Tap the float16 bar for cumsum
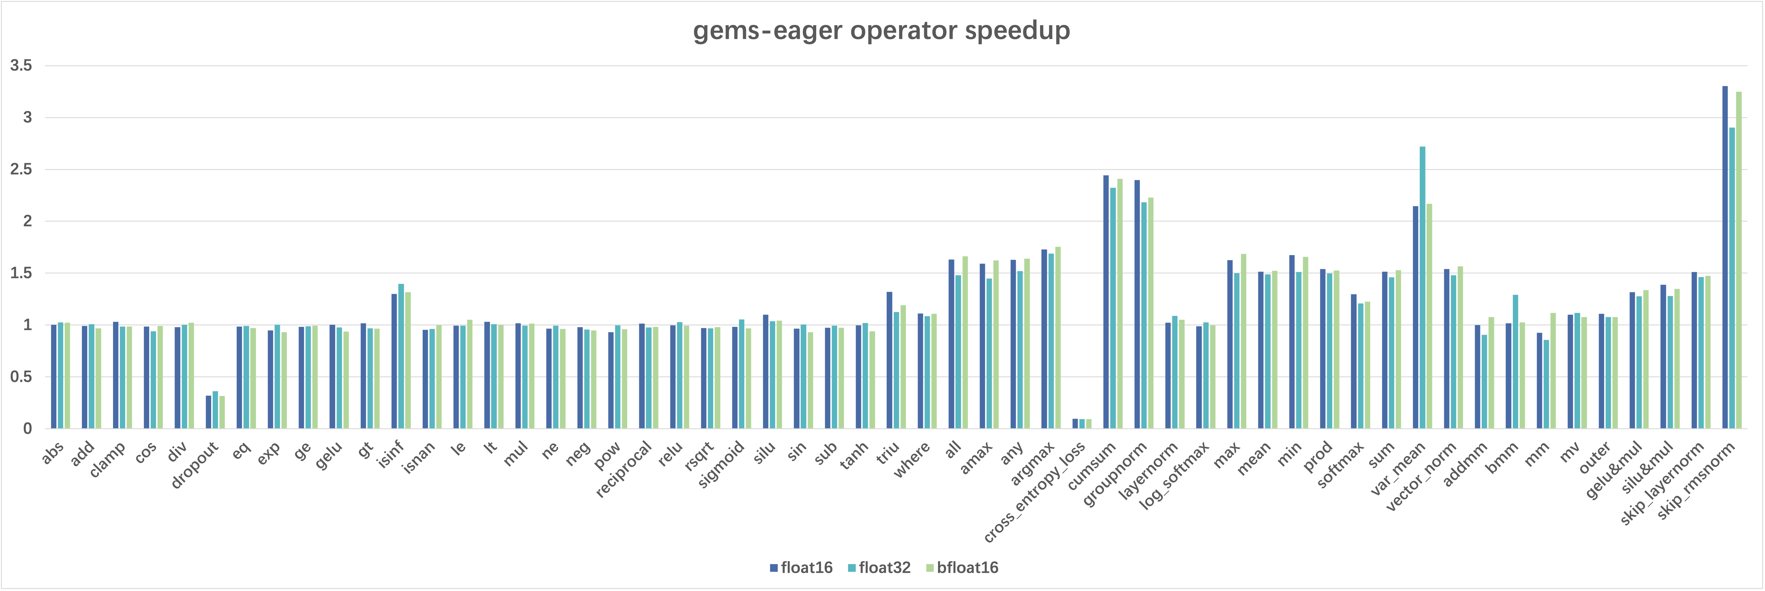[1106, 302]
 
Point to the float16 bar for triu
[889, 360]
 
